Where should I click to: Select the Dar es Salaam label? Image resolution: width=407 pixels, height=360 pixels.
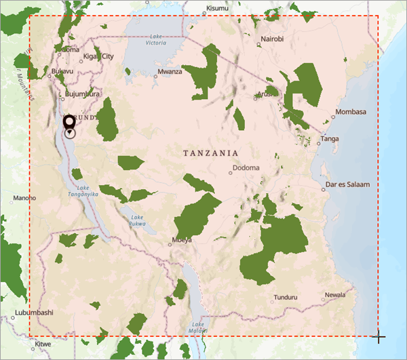pos(348,184)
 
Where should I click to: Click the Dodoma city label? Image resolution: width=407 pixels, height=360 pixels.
pos(246,167)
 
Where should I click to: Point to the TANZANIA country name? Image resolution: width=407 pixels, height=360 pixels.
pos(210,153)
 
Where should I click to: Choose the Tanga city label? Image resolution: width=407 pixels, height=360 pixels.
pos(330,140)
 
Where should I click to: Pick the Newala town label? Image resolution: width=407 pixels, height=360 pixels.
pos(334,295)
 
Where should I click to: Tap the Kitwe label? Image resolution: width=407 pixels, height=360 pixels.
pos(43,344)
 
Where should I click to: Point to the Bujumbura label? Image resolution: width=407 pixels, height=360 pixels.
pos(83,94)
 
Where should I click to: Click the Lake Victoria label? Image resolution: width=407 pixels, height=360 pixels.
pos(155,39)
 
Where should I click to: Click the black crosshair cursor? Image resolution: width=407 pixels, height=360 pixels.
pos(379,337)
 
